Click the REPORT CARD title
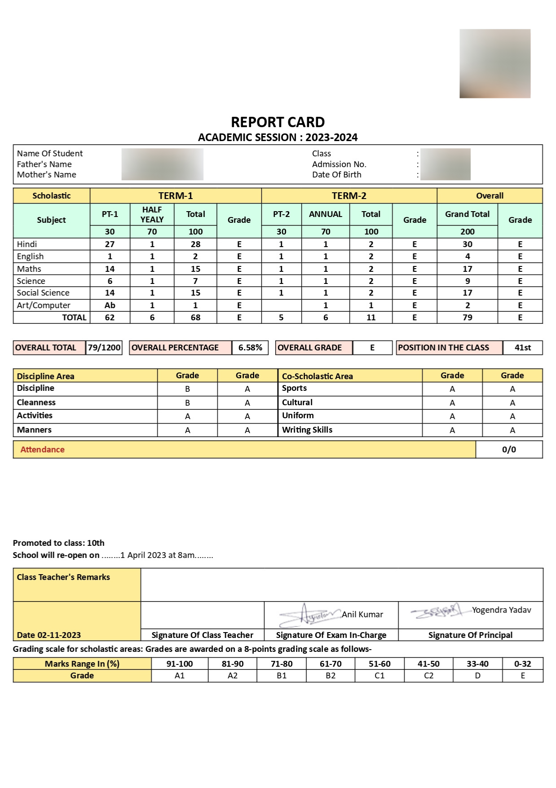pos(278,122)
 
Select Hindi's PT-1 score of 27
pos(110,244)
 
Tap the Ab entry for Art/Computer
pos(110,305)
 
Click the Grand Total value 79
pos(467,318)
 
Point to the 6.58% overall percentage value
pos(250,348)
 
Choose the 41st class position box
pos(522,348)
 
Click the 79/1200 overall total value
pos(104,348)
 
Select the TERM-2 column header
pos(349,196)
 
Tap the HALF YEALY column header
pos(152,215)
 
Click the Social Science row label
pos(43,293)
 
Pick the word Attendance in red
pos(42,450)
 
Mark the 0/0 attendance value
pos(509,450)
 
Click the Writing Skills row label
pos(307,430)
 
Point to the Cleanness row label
pos(36,403)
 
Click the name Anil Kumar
pos(362,615)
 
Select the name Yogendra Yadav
pos(501,610)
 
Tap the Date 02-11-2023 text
pos(49,635)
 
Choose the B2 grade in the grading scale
pos(331,676)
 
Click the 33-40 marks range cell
pos(477,664)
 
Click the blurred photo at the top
pos(495,64)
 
